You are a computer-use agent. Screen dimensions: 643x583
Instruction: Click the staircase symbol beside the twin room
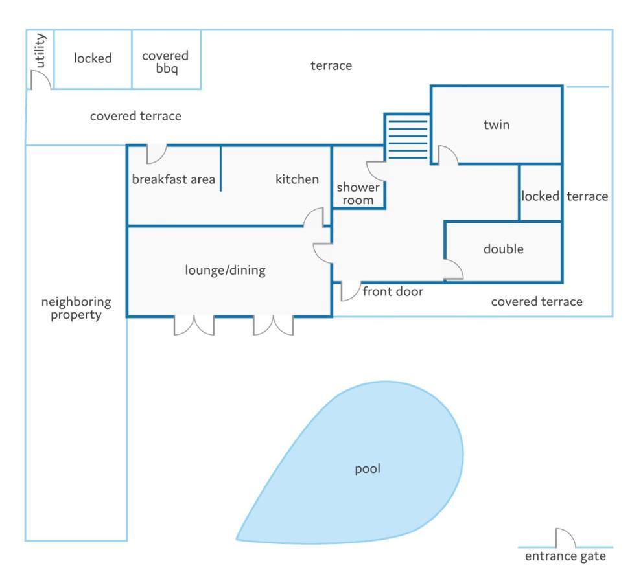pyautogui.click(x=407, y=137)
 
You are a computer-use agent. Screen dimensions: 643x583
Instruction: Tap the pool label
pyautogui.click(x=368, y=469)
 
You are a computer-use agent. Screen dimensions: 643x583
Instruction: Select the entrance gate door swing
pyautogui.click(x=565, y=538)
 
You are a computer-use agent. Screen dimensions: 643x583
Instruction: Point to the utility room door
pyautogui.click(x=41, y=80)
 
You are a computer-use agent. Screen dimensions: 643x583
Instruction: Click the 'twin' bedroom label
pyautogui.click(x=497, y=124)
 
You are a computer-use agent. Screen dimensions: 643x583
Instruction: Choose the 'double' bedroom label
pyautogui.click(x=503, y=249)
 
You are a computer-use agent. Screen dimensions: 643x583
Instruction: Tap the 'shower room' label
pyautogui.click(x=358, y=194)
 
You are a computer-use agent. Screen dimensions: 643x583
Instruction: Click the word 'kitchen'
pyautogui.click(x=297, y=179)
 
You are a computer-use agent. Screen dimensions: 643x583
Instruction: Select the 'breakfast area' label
pyautogui.click(x=174, y=179)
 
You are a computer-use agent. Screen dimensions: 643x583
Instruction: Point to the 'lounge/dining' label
pyautogui.click(x=225, y=270)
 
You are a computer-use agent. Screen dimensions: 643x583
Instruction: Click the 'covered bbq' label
pyautogui.click(x=165, y=62)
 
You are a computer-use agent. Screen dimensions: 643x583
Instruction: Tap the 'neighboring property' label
pyautogui.click(x=76, y=308)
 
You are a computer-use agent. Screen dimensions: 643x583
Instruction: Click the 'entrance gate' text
pyautogui.click(x=565, y=556)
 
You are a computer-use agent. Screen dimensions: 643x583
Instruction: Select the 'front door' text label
pyautogui.click(x=393, y=291)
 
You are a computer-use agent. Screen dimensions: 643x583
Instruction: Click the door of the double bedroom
pyautogui.click(x=454, y=269)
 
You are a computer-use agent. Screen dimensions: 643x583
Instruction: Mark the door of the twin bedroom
pyautogui.click(x=448, y=155)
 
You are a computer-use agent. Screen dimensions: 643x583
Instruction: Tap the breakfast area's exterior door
pyautogui.click(x=157, y=154)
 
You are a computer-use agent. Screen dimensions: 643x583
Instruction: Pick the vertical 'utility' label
pyautogui.click(x=40, y=51)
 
